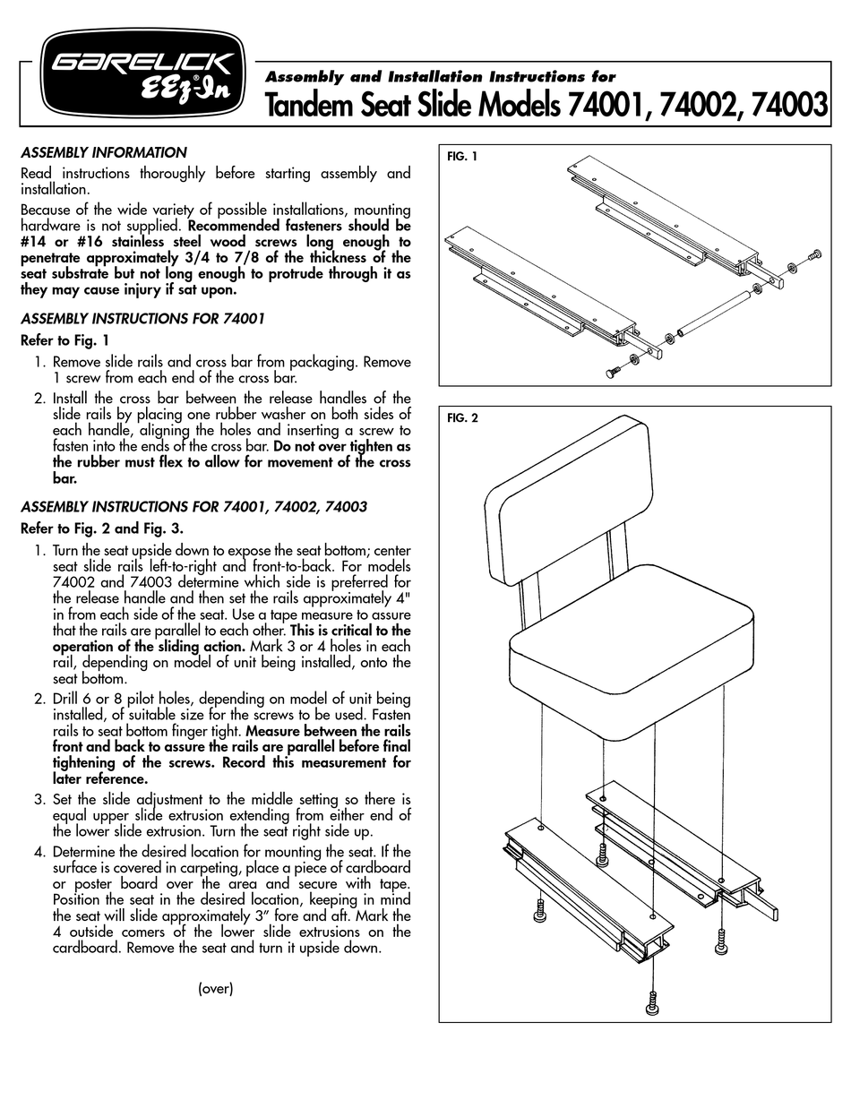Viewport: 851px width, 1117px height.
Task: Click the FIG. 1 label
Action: [462, 157]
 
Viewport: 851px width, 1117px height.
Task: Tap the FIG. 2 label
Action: [462, 418]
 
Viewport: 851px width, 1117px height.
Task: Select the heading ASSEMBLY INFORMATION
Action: [103, 152]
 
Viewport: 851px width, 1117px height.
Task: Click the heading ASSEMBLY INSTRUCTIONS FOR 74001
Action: [142, 318]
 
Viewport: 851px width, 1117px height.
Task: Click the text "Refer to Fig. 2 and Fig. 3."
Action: [101, 528]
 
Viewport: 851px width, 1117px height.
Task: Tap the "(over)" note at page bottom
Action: [215, 989]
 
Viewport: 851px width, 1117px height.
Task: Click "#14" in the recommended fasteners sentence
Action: [36, 242]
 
